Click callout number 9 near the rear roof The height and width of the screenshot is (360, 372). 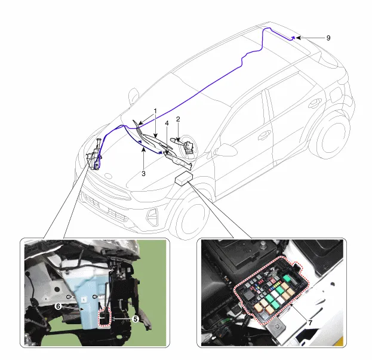coord(328,38)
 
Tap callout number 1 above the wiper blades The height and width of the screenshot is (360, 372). coord(155,111)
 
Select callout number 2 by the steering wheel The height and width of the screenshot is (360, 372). coord(178,119)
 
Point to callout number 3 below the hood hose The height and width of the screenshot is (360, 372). coord(143,174)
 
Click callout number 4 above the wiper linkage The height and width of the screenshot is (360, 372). coord(167,124)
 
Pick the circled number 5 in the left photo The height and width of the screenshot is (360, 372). coord(135,319)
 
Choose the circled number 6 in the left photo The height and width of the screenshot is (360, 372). coord(58,306)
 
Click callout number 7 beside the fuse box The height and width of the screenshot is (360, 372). coord(310,323)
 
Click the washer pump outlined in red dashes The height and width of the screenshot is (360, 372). coord(105,317)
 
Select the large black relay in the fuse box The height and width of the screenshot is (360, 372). coord(249,294)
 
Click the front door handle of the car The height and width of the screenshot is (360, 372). coord(264,136)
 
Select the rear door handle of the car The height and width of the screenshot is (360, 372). coord(315,103)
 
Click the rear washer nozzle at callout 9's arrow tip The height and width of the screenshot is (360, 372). coord(293,38)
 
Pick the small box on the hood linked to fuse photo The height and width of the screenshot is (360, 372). coord(184,178)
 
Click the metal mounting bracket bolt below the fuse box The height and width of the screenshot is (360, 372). coord(276,327)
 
